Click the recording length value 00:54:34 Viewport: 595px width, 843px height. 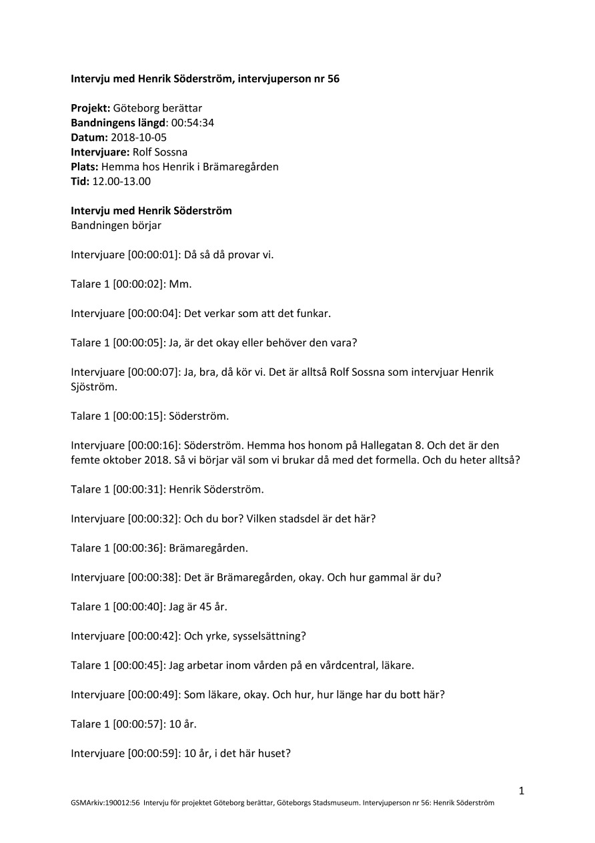[192, 122]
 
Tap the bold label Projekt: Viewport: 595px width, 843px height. [91, 107]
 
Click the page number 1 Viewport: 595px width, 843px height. [522, 791]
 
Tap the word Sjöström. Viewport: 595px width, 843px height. [93, 386]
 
